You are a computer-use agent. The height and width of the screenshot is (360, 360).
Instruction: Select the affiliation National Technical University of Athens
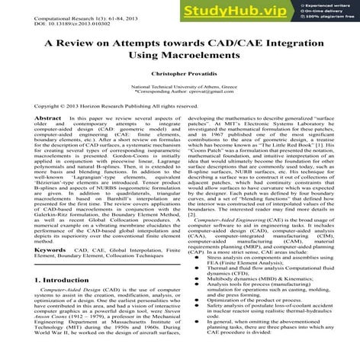click(x=180, y=88)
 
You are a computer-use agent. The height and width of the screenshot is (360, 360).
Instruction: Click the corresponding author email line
click(x=180, y=95)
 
